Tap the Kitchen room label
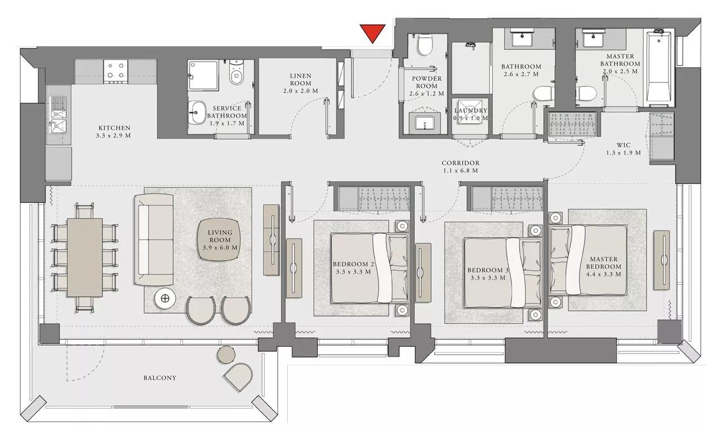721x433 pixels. coord(114,131)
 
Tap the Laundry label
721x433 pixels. coord(470,114)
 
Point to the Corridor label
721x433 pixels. coord(460,166)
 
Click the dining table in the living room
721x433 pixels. coord(85,258)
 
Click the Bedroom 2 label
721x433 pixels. coord(353,267)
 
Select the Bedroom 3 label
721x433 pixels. coord(488,273)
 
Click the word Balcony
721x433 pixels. coord(159,378)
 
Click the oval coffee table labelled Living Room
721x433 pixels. coord(220,240)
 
